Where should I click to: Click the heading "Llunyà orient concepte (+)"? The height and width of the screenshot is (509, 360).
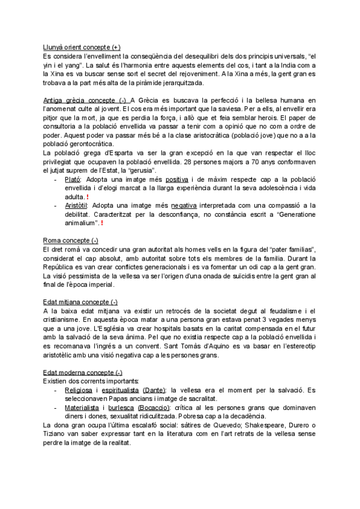tap(82, 47)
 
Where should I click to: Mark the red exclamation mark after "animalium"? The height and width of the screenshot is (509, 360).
tap(101, 223)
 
